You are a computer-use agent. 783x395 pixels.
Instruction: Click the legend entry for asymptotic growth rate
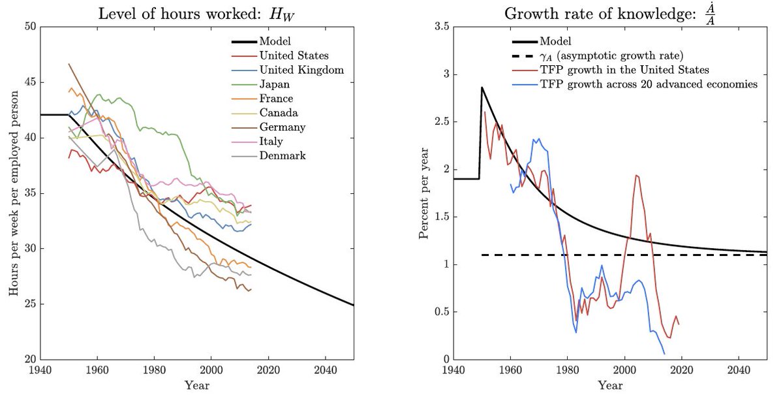(597, 55)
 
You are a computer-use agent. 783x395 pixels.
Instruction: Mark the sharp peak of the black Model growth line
(482, 87)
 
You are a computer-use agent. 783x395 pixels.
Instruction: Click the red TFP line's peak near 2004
(637, 175)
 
